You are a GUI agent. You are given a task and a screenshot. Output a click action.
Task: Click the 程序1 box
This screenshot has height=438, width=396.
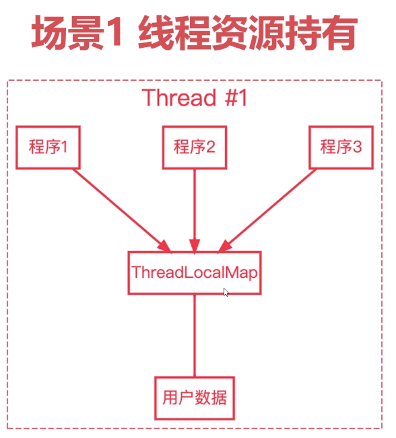[x=48, y=147]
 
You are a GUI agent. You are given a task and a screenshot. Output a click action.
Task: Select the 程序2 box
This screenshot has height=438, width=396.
[x=195, y=147]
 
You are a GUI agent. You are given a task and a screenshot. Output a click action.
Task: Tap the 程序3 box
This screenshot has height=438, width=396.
[x=341, y=147]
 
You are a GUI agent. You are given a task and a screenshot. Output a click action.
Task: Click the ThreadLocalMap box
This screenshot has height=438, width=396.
[x=195, y=272]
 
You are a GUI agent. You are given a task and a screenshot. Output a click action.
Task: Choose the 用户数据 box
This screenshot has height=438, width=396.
[x=195, y=398]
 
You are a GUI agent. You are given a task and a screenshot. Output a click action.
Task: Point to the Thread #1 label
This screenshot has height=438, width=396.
[x=195, y=97]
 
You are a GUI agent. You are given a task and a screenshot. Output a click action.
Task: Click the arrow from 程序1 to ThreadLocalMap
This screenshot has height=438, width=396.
[x=123, y=211]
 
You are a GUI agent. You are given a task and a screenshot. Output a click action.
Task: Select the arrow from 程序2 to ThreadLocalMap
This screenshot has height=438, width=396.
[x=195, y=211]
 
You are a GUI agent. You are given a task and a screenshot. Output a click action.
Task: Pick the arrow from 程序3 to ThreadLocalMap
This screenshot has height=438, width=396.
[x=267, y=211]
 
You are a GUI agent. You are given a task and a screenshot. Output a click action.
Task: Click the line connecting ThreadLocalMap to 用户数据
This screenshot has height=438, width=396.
[x=195, y=336]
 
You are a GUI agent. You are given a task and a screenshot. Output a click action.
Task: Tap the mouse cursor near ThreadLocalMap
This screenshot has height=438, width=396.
[x=226, y=292]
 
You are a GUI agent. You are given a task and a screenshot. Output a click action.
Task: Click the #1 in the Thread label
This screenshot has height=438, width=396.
[x=236, y=98]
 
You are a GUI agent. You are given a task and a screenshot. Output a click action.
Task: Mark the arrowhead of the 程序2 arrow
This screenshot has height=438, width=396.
[x=195, y=246]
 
